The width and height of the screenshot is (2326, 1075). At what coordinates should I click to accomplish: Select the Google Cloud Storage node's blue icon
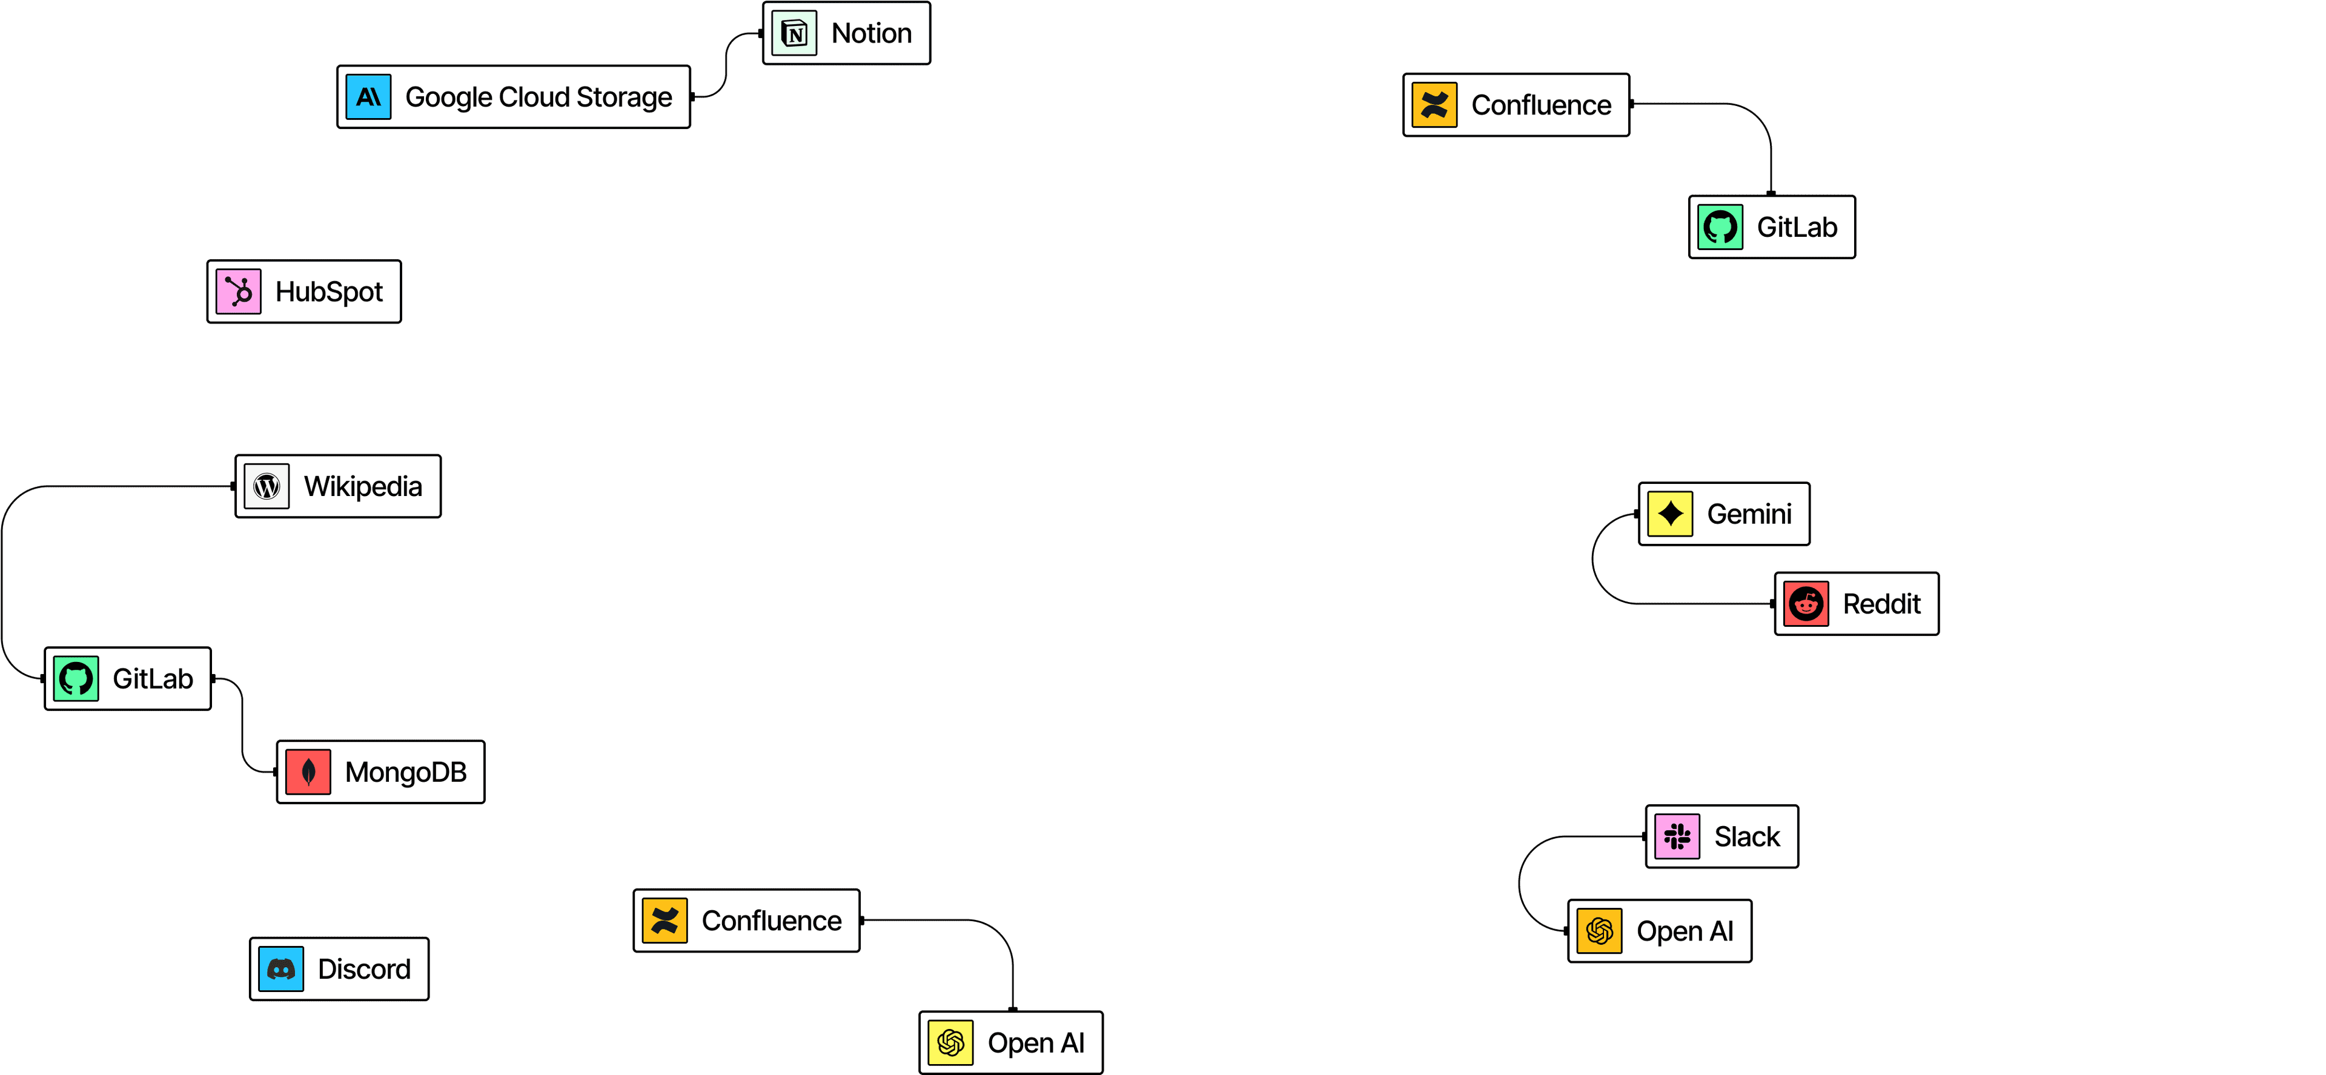tap(368, 96)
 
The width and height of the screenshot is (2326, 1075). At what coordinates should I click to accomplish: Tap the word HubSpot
tap(329, 291)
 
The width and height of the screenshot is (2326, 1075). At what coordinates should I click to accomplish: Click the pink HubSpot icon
tap(239, 291)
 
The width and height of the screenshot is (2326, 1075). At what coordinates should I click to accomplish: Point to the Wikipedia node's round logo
tap(267, 486)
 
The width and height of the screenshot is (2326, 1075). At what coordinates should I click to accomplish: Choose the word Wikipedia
tap(363, 486)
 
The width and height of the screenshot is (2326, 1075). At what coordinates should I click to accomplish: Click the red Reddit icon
tap(1806, 604)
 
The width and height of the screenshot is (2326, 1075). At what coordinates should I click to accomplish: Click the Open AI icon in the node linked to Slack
tap(1600, 931)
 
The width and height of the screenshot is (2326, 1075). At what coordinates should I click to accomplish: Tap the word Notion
tap(872, 33)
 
